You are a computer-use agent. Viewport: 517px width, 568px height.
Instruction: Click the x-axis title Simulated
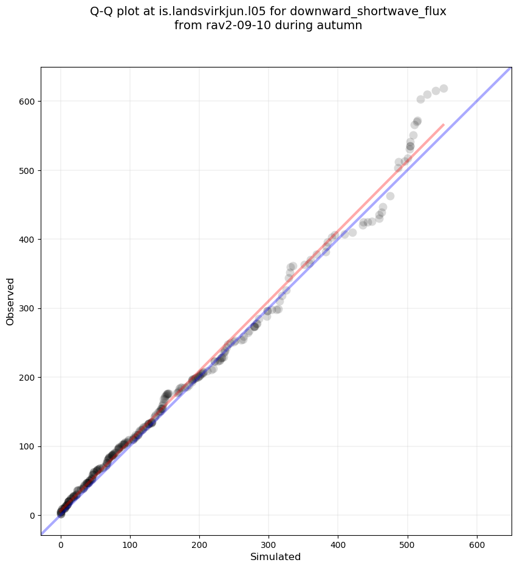(x=276, y=556)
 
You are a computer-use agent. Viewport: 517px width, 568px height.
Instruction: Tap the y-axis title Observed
(x=10, y=301)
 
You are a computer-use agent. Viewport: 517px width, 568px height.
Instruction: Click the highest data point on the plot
(x=443, y=89)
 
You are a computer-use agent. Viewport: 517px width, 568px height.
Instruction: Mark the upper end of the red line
(x=443, y=125)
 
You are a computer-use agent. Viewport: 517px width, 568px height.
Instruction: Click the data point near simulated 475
(x=390, y=196)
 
